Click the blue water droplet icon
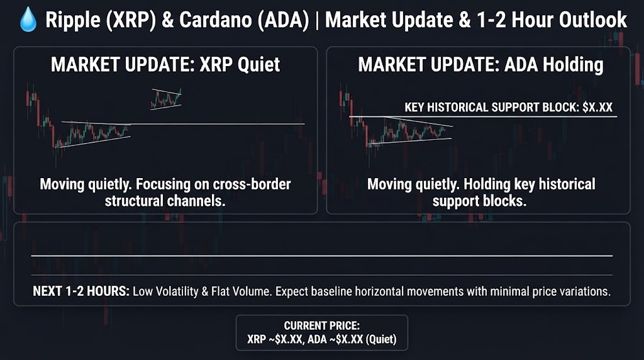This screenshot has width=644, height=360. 28,20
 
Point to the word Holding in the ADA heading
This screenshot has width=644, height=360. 574,65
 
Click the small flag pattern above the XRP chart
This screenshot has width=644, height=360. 166,99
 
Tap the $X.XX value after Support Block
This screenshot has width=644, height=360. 597,107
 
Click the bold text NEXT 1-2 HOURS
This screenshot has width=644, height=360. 81,291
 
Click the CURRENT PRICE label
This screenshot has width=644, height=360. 321,325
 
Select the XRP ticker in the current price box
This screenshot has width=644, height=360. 257,339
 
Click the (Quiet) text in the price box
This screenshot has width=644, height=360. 380,339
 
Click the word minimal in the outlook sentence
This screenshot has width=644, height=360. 509,291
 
